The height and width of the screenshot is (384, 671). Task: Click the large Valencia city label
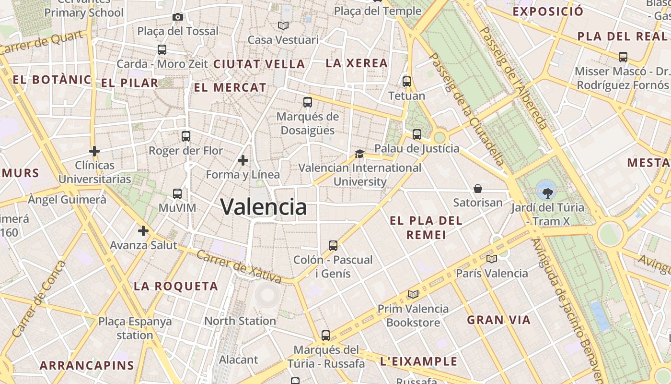tap(264, 207)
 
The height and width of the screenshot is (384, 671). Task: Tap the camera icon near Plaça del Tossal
tap(178, 17)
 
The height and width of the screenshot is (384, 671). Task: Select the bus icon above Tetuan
tap(407, 82)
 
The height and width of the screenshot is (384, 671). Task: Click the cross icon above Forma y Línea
tap(243, 160)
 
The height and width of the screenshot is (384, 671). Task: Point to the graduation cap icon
tap(359, 154)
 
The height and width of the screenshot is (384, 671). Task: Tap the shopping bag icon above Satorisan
tap(478, 189)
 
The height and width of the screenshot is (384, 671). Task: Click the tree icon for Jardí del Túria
tap(547, 193)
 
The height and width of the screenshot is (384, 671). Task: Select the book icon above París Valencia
tap(492, 259)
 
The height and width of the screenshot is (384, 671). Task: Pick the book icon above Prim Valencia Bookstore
tap(413, 294)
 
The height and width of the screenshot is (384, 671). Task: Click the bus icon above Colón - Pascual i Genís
tap(333, 246)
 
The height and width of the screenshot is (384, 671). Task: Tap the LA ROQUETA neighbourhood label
tap(176, 287)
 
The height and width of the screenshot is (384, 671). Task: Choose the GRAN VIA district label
tap(499, 320)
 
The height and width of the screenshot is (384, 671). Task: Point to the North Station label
tap(240, 321)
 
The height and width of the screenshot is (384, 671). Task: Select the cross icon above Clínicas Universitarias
tap(94, 151)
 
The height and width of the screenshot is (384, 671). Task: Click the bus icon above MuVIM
tap(177, 194)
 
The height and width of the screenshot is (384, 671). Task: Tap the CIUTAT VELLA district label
tap(259, 64)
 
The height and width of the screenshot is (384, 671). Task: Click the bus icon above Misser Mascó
tap(623, 57)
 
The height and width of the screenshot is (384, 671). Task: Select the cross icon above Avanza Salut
tap(143, 231)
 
